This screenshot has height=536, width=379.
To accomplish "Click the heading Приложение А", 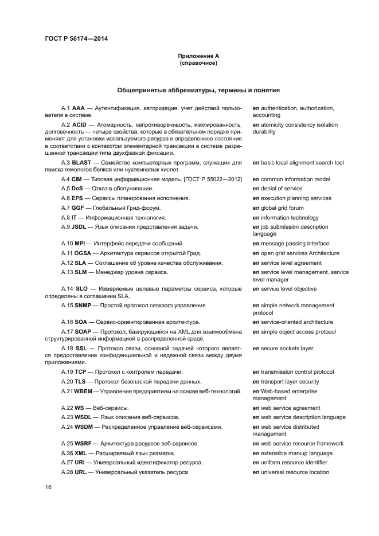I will click(198, 56).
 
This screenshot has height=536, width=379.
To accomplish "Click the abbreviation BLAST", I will click(83, 163).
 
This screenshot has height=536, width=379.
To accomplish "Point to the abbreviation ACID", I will click(80, 125).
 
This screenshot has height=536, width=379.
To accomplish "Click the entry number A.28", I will click(67, 472).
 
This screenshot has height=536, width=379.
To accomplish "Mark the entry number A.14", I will click(67, 289).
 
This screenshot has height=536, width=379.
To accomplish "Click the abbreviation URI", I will click(81, 463).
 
